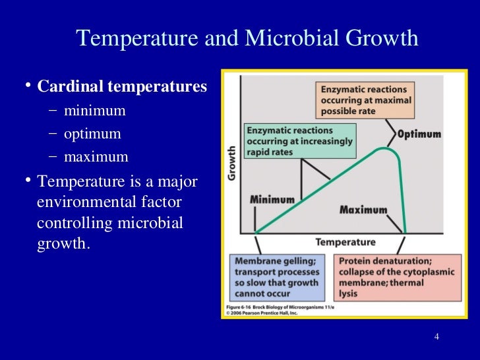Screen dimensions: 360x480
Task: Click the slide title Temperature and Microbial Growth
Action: (247, 39)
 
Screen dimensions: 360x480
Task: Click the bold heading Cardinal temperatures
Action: (122, 87)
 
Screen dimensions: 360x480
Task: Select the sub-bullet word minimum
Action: (95, 110)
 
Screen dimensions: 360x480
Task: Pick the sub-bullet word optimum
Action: (93, 134)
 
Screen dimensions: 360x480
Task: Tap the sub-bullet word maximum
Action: (96, 158)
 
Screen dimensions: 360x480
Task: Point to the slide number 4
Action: (436, 338)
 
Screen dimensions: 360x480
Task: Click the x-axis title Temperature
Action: (345, 242)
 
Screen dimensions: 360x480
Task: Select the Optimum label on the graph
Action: (419, 135)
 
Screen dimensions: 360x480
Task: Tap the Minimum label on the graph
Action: (272, 199)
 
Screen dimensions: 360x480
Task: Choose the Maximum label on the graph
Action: (363, 210)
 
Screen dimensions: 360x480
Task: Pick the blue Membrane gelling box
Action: (276, 277)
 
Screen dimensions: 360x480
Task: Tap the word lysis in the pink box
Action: (349, 293)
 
